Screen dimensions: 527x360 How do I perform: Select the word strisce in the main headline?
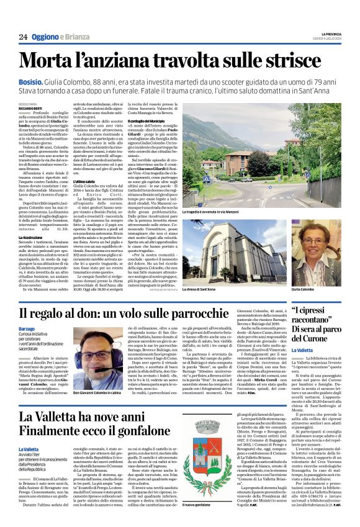[302, 60]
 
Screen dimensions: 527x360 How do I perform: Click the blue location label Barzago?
[27, 327]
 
